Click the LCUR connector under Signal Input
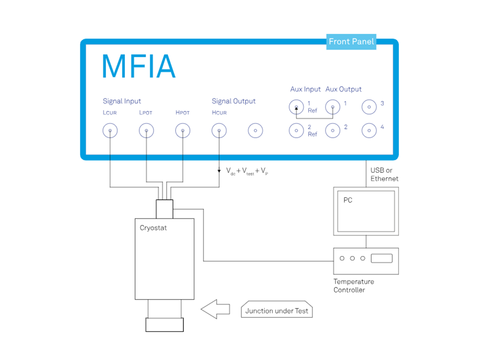(110, 131)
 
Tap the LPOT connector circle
(146, 131)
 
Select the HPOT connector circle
(183, 131)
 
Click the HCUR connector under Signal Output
(219, 131)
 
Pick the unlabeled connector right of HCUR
(255, 131)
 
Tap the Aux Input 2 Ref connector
(297, 130)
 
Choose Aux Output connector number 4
(369, 130)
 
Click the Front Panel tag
(351, 41)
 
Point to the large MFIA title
(139, 67)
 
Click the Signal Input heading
(122, 101)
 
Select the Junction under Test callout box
(277, 310)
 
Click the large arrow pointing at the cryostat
(215, 309)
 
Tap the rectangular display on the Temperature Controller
(382, 258)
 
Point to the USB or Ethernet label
(384, 175)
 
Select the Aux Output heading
(344, 89)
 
